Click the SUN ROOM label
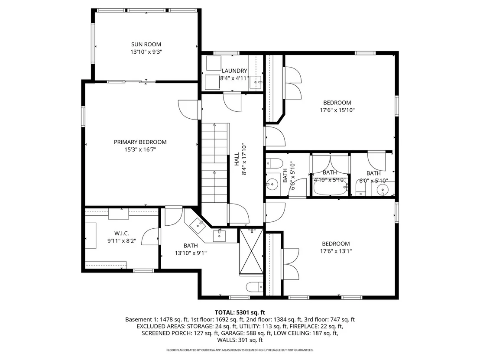coord(146,44)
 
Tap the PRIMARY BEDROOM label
coord(140,142)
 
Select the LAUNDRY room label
coord(234,71)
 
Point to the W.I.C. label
coord(122,234)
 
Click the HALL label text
coord(237,159)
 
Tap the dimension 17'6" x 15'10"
coord(337,110)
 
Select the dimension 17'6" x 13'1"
coord(336,251)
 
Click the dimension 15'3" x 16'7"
coord(140,150)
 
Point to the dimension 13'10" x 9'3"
coord(146,52)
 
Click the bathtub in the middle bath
coord(330,189)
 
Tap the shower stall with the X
coord(251,251)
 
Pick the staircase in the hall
coord(214,163)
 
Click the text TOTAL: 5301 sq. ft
coord(240,312)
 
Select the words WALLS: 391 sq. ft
coord(240,340)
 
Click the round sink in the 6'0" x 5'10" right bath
coord(382,190)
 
